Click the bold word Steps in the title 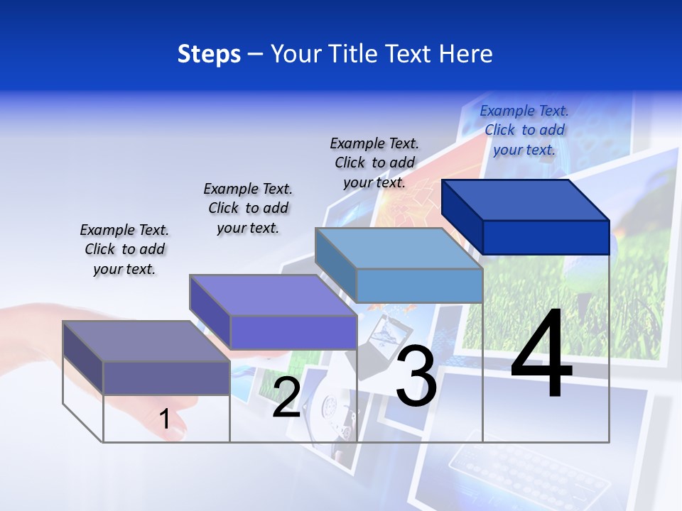(x=209, y=54)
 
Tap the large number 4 (x=541, y=355)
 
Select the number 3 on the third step (x=416, y=376)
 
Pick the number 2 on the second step (x=286, y=397)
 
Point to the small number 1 (x=165, y=419)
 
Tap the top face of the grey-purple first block (x=146, y=341)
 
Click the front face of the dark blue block (x=546, y=237)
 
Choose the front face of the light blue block (x=419, y=285)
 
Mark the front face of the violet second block (x=293, y=332)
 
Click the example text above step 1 (x=124, y=250)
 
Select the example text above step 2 (x=248, y=208)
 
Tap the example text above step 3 (x=374, y=163)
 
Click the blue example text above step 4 (x=524, y=130)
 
